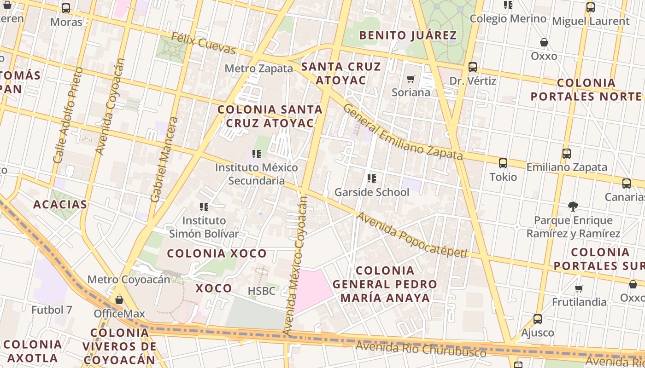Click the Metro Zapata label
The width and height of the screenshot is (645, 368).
pyautogui.click(x=258, y=69)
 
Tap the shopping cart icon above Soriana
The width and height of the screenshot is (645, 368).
pyautogui.click(x=411, y=79)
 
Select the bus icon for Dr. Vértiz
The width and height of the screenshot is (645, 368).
pyautogui.click(x=473, y=67)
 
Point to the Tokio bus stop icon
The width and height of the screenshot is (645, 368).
pyautogui.click(x=503, y=163)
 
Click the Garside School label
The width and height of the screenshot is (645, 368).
pyautogui.click(x=371, y=192)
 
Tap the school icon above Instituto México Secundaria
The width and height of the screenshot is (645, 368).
pyautogui.click(x=257, y=154)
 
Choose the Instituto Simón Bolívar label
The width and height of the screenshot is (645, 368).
pyautogui.click(x=204, y=227)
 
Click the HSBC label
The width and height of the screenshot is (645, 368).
pyautogui.click(x=261, y=291)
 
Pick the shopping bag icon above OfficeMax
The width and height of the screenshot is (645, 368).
pyautogui.click(x=119, y=300)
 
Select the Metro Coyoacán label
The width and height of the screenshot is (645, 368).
pyautogui.click(x=129, y=279)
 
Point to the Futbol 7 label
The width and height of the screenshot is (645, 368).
pyautogui.click(x=52, y=310)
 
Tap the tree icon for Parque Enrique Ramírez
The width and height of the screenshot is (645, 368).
pyautogui.click(x=573, y=207)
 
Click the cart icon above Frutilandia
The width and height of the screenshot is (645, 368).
pyautogui.click(x=579, y=288)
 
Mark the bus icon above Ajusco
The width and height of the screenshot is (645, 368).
pyautogui.click(x=538, y=319)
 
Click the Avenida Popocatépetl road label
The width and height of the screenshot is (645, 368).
pyautogui.click(x=412, y=235)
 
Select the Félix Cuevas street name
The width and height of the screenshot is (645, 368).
pyautogui.click(x=203, y=43)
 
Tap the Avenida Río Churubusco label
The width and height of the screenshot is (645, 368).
pyautogui.click(x=421, y=349)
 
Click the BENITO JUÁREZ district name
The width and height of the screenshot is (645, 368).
pyautogui.click(x=408, y=35)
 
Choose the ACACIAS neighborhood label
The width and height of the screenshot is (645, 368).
pyautogui.click(x=60, y=205)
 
